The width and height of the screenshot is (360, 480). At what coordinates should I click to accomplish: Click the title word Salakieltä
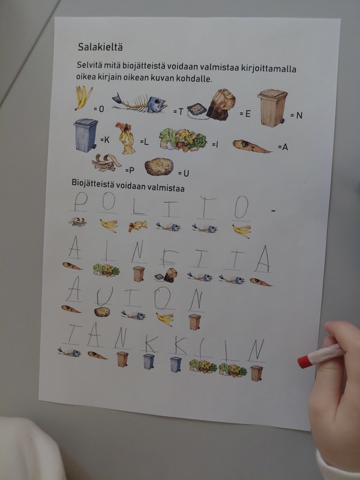click(x=100, y=47)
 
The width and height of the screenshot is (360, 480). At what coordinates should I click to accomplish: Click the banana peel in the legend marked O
click(x=83, y=98)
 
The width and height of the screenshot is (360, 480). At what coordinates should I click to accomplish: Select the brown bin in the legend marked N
click(x=272, y=108)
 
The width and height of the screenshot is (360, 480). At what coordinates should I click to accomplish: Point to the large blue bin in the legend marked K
click(x=85, y=136)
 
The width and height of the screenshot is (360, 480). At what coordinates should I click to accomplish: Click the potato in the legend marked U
click(x=159, y=167)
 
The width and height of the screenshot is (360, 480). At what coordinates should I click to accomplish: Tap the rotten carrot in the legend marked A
click(x=251, y=146)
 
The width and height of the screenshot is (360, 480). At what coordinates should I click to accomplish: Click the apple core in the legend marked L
click(x=126, y=139)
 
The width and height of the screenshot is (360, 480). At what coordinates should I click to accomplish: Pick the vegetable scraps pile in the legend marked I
click(x=183, y=140)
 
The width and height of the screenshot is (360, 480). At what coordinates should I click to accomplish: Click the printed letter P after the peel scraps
click(x=131, y=170)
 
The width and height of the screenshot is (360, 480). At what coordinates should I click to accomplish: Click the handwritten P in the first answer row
click(x=80, y=202)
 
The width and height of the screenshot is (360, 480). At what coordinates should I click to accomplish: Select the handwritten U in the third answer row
click(x=104, y=296)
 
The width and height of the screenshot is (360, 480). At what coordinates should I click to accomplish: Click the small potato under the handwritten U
click(x=102, y=312)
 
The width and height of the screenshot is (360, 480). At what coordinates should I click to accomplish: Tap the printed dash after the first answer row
click(x=274, y=211)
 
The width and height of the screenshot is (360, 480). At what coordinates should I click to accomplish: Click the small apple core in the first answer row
click(x=137, y=226)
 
